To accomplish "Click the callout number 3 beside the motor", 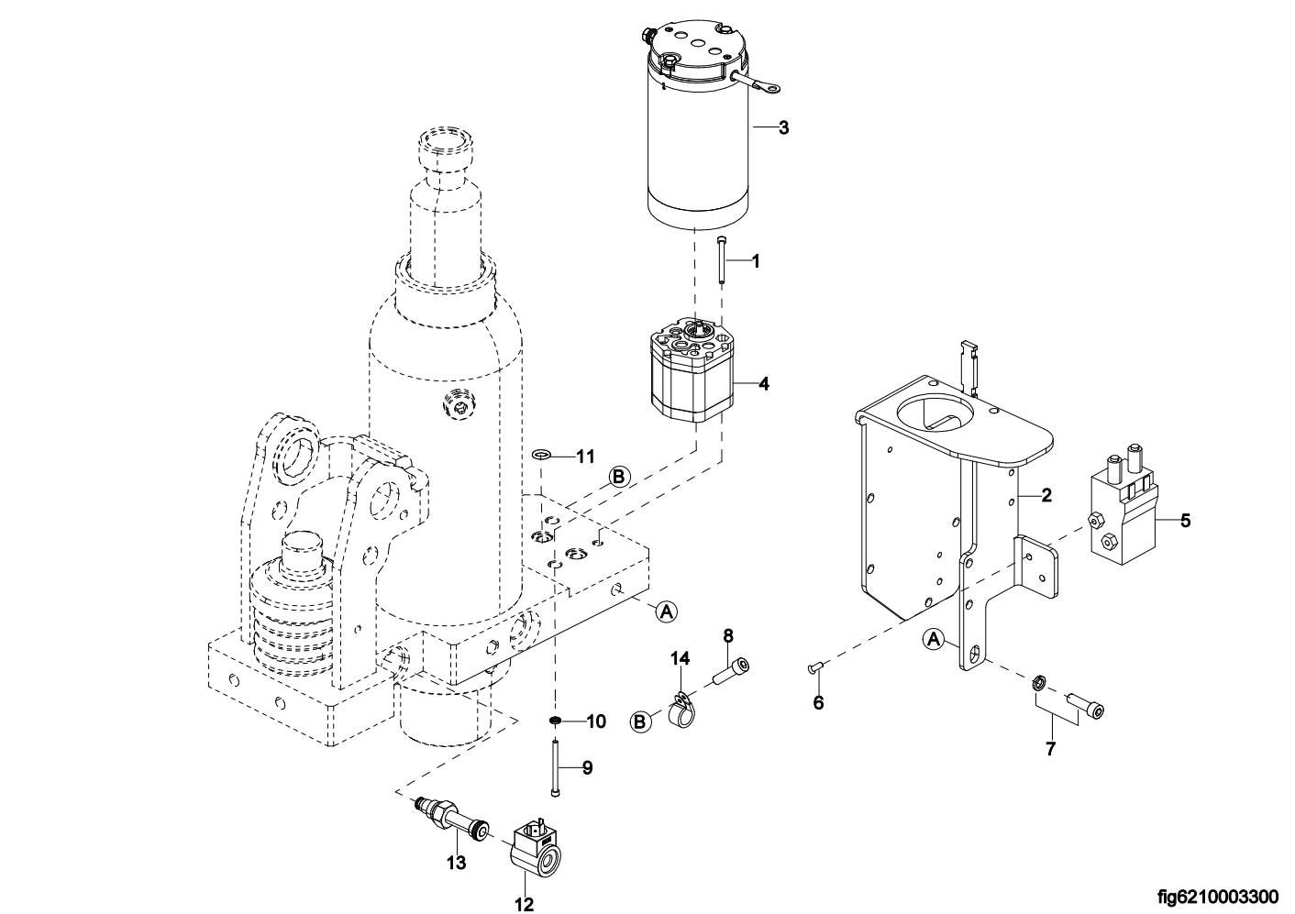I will pos(783,127).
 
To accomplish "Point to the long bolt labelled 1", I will pos(723,260).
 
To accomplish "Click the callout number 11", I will pos(586,455).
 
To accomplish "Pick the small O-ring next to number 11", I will pos(542,453).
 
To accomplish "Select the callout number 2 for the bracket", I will pos(1046,496).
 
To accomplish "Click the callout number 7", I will pos(1051,749).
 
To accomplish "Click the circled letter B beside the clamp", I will pos(641,722).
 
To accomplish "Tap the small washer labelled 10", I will pos(556,721).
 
